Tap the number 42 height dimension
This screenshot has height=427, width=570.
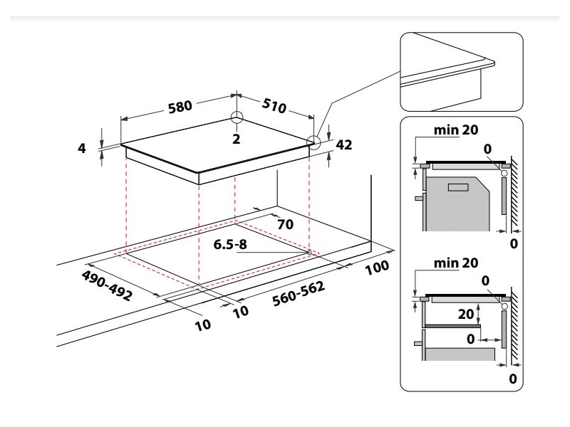(x=343, y=145)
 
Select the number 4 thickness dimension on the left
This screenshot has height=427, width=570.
(x=82, y=149)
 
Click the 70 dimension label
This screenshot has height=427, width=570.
(x=286, y=224)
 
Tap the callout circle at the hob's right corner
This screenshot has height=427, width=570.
(x=313, y=142)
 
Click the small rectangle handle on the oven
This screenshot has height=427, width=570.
(x=457, y=188)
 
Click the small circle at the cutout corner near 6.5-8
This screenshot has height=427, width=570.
(x=308, y=251)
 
